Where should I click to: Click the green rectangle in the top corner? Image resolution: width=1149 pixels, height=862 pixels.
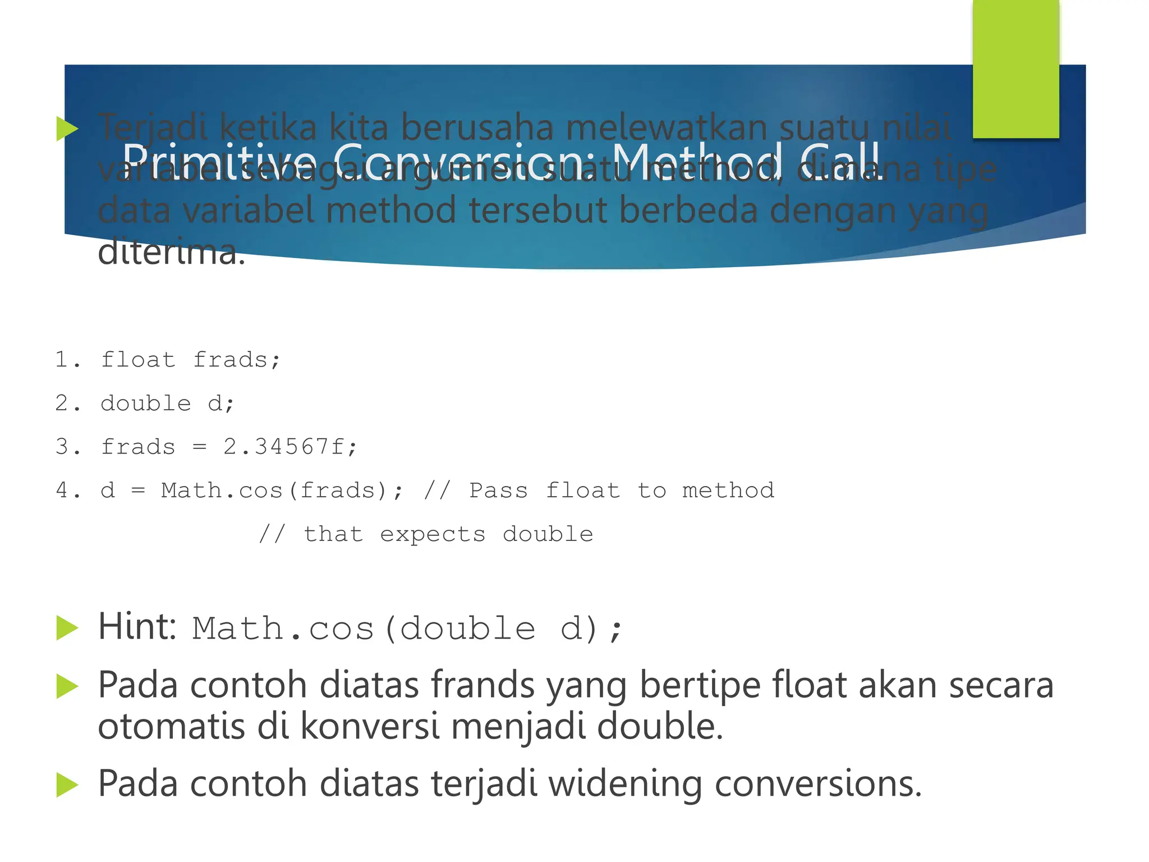point(1015,68)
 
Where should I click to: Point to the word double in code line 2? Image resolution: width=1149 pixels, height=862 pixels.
point(146,404)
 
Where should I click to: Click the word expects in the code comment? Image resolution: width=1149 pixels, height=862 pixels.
point(433,535)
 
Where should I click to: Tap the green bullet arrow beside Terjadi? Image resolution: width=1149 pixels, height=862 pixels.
point(67,129)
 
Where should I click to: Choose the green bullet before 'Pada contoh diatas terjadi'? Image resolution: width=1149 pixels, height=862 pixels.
point(67,785)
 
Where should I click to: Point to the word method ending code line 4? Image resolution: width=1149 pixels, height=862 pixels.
point(728,491)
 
